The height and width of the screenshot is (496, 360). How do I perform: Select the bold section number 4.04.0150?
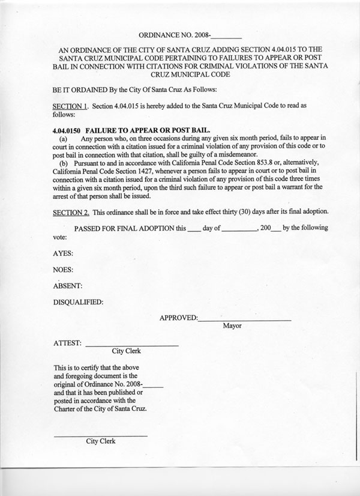click(x=67, y=129)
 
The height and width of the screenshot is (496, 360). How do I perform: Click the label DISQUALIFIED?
click(x=79, y=301)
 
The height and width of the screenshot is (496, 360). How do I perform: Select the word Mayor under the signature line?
click(x=232, y=327)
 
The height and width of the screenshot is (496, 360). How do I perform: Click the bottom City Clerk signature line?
click(x=101, y=435)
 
